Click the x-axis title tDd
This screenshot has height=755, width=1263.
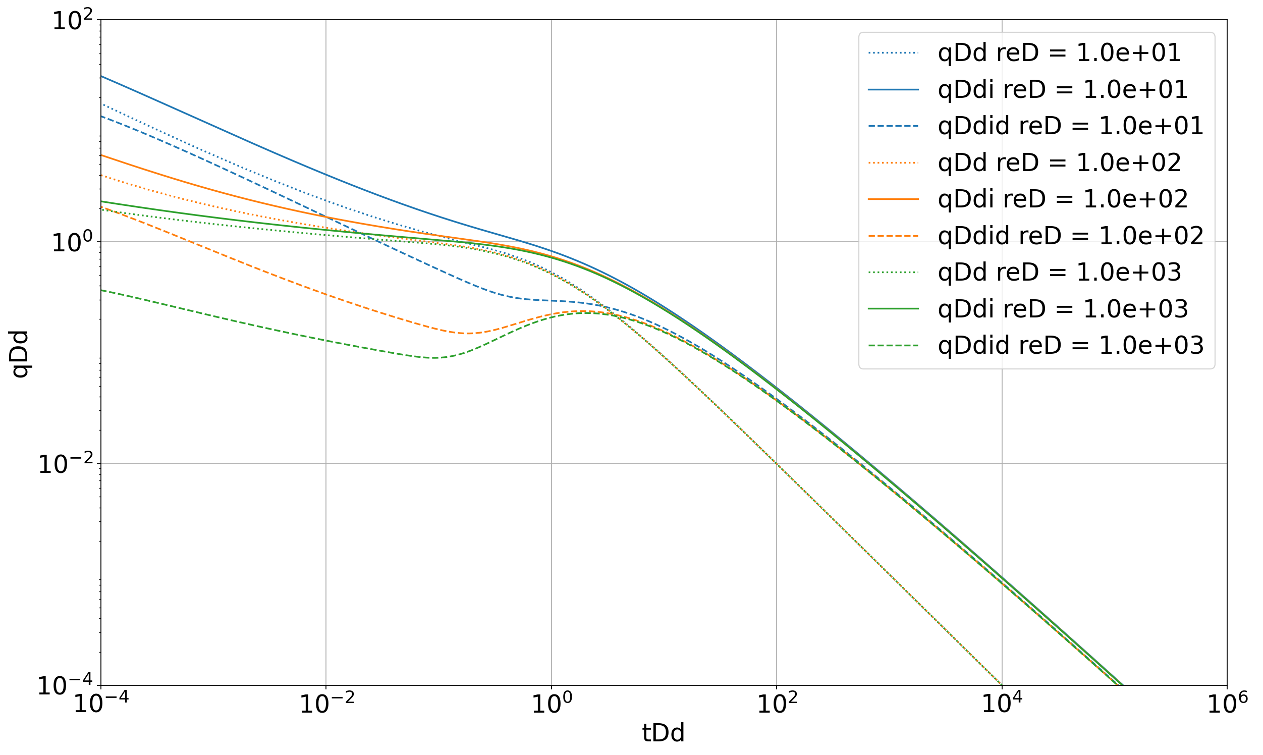664,733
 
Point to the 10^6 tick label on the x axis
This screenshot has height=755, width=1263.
1226,705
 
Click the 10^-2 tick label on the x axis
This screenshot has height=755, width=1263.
325,705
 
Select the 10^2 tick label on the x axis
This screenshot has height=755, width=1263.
776,705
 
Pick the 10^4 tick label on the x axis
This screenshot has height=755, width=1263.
1001,705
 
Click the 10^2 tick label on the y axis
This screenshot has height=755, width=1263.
73,21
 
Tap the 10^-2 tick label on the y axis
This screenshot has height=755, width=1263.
66,464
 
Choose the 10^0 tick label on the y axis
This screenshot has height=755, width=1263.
73,243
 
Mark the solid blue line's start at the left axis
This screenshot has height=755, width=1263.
101,76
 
